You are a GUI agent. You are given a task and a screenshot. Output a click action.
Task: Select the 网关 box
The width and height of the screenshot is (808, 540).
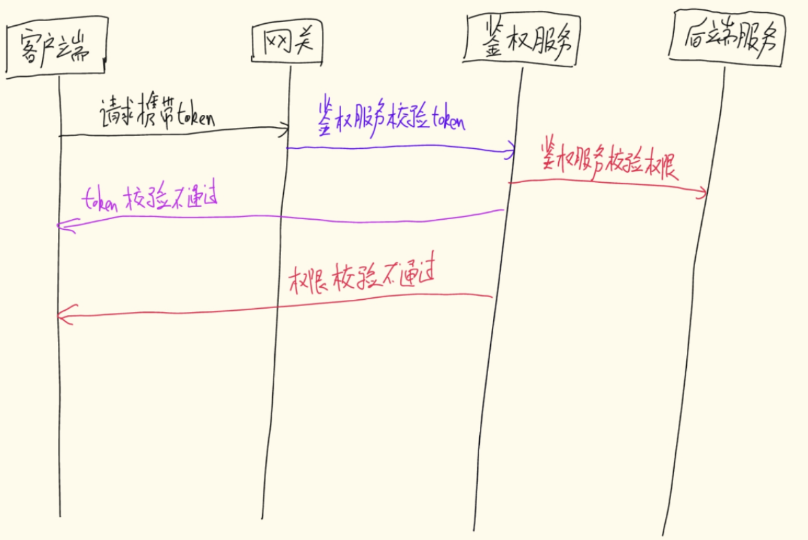coord(286,44)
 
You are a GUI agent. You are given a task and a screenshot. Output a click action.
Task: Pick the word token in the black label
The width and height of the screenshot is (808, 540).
coord(196,118)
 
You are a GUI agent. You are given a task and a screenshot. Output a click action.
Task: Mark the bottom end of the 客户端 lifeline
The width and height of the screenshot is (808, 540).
coord(61,516)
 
